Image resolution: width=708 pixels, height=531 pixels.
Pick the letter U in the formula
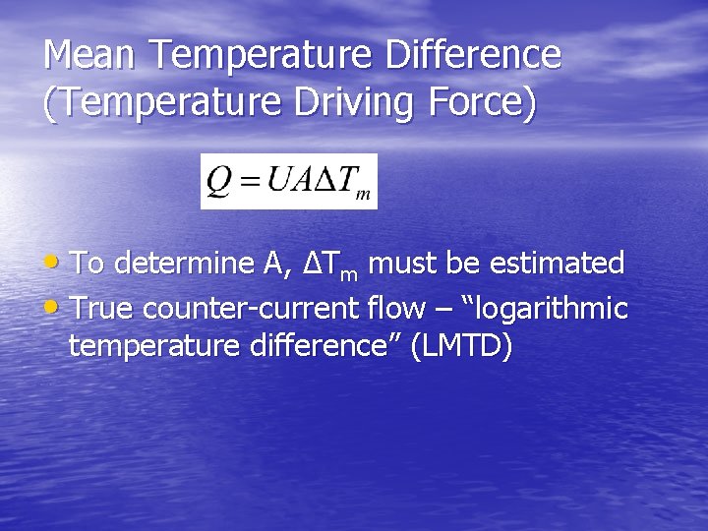[279, 180]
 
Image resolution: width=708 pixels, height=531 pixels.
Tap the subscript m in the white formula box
[362, 194]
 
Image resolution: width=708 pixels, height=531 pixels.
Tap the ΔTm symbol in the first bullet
[327, 265]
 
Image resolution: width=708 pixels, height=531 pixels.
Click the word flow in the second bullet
[395, 309]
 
